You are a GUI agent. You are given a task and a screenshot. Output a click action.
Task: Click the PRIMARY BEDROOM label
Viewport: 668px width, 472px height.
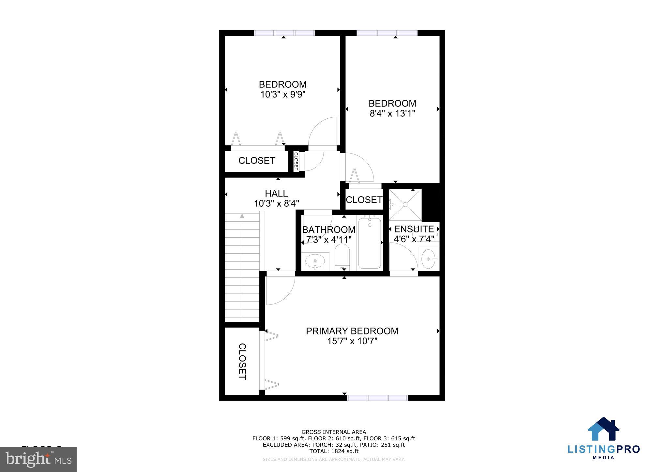coord(352,331)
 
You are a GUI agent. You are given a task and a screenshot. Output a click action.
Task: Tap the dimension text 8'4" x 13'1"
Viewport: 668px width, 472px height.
coord(392,113)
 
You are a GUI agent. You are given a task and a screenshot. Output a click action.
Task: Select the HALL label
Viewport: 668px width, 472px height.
coord(276,193)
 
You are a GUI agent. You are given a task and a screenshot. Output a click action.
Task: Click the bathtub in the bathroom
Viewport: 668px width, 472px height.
coord(370,243)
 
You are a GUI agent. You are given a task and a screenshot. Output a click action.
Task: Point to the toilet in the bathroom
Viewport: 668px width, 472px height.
coord(342,257)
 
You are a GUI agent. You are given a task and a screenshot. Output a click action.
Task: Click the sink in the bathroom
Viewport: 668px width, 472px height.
coord(315,261)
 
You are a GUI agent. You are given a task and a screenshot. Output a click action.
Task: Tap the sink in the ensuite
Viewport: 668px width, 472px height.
coord(428,259)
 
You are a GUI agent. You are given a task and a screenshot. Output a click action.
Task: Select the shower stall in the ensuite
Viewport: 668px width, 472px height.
coord(405,204)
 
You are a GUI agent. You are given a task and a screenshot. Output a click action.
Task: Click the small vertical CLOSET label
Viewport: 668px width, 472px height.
coord(296,161)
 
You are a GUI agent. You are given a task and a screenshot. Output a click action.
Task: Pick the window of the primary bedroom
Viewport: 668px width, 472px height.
coord(377,398)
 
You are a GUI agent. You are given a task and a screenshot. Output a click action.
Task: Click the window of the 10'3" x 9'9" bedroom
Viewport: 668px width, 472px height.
coord(284,33)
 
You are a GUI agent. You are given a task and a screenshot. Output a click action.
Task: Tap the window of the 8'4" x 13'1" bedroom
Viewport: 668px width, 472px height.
coord(387,33)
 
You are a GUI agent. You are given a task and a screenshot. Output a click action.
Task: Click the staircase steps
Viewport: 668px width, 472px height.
coord(242,267)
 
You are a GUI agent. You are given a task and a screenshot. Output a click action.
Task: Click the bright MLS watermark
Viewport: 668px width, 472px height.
coord(38,459)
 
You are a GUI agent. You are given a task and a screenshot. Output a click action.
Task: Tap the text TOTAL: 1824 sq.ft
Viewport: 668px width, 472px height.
coord(334,451)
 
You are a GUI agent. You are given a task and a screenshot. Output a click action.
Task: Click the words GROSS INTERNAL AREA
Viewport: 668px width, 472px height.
coord(334,432)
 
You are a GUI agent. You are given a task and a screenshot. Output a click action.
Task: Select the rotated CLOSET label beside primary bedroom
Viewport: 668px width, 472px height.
coord(242,361)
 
